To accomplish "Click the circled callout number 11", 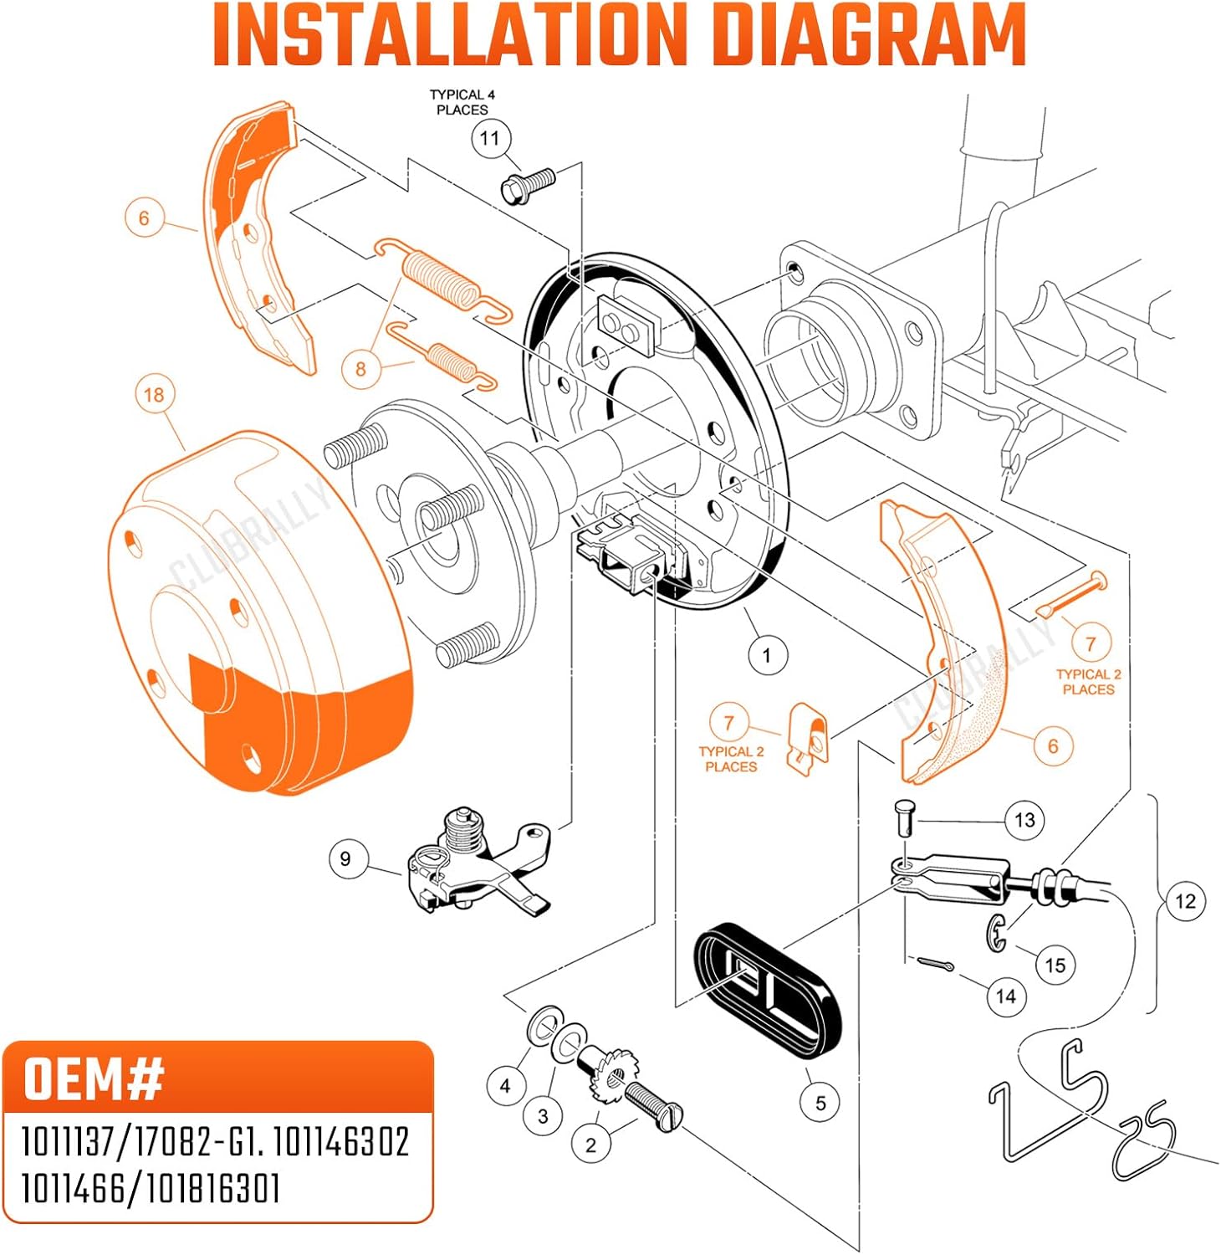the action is [x=490, y=139].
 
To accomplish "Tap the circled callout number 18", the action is [x=154, y=395].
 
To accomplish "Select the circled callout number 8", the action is [x=360, y=369].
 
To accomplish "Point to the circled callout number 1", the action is [x=767, y=655].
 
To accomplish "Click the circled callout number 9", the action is [x=345, y=859].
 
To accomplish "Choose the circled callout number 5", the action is [x=820, y=1104].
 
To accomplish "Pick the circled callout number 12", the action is [x=1186, y=901].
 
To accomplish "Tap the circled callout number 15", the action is [x=1055, y=966].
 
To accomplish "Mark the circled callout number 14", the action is [x=1006, y=996].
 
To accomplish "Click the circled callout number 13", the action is [x=1025, y=820].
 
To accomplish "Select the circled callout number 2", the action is [x=590, y=1145].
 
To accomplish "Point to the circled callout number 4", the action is [x=504, y=1086].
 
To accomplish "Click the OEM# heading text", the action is [x=94, y=1078].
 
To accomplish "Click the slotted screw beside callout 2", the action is [x=654, y=1105].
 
